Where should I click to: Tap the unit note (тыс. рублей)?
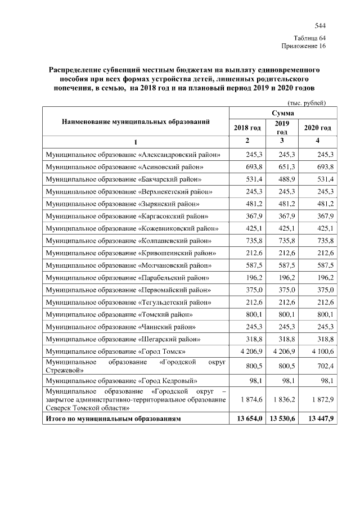coord(307,103)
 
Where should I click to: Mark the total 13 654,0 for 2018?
coord(247,419)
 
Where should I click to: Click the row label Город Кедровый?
coord(125,380)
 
